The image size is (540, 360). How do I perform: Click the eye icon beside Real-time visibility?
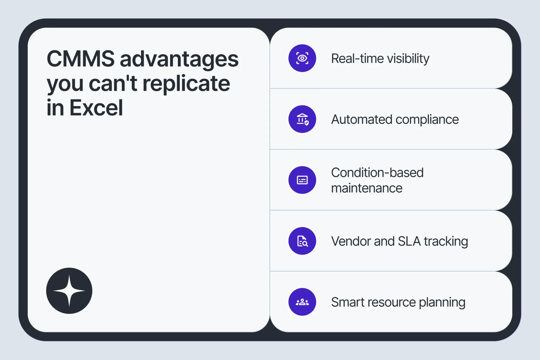click(302, 58)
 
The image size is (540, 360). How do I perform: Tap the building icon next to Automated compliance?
click(302, 119)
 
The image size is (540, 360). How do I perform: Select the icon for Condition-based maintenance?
click(302, 180)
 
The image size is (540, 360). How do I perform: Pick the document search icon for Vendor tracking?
click(302, 241)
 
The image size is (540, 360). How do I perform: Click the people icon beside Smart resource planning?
click(302, 302)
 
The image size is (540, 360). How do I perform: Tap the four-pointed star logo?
click(69, 291)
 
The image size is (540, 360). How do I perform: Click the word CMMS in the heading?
click(81, 59)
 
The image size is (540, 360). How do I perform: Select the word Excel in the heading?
click(96, 107)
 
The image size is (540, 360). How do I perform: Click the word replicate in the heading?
click(186, 84)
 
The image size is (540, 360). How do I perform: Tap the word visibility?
click(408, 59)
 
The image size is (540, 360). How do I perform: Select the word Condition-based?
click(377, 173)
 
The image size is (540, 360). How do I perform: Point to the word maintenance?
click(367, 188)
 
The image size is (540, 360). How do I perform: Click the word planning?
click(442, 303)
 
